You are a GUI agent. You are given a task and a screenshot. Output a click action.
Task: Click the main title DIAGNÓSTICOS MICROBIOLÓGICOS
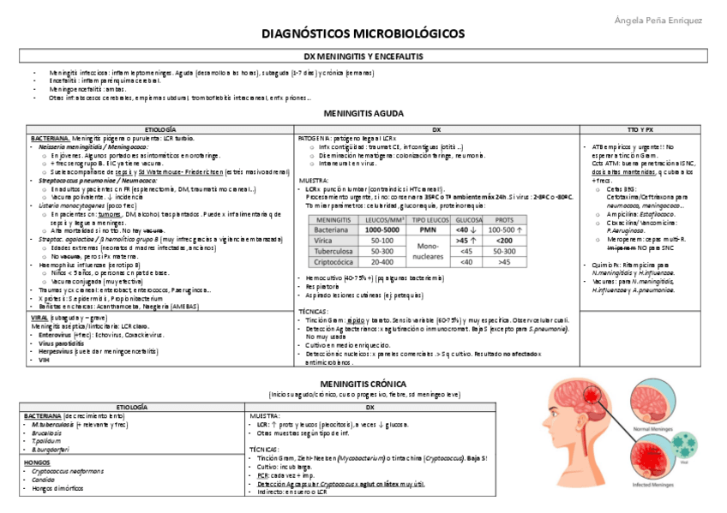pyautogui.click(x=363, y=33)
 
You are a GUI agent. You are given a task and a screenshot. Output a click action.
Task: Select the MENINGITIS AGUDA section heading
pyautogui.click(x=363, y=113)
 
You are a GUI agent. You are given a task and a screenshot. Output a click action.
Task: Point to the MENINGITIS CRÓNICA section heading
pyautogui.click(x=363, y=384)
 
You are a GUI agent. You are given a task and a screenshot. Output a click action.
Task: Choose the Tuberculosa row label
pyautogui.click(x=333, y=252)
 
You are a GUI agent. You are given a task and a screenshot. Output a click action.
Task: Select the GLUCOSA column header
pyautogui.click(x=468, y=220)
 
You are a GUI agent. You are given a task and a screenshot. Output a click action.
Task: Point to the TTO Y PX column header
pyautogui.click(x=640, y=128)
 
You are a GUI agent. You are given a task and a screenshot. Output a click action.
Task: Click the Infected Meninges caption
pyautogui.click(x=653, y=485)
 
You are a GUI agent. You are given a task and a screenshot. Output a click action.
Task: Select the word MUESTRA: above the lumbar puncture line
pyautogui.click(x=312, y=181)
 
